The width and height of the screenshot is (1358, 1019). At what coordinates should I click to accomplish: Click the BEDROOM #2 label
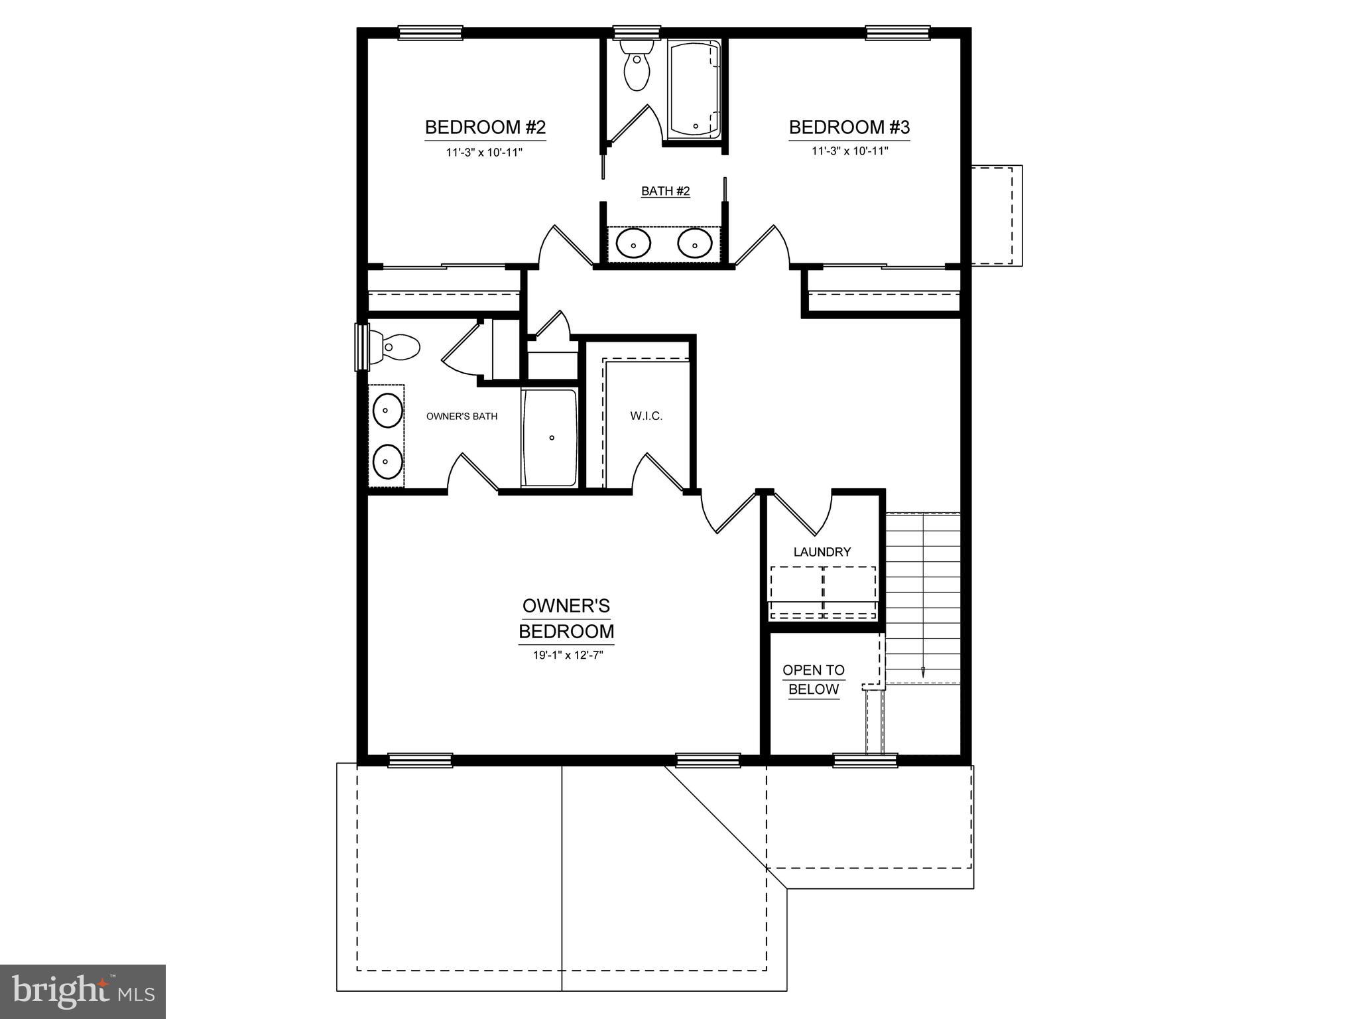pos(485,127)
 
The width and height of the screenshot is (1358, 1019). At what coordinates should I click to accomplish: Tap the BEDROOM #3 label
pos(849,127)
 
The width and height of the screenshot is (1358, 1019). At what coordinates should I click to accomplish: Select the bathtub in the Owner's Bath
pos(550,438)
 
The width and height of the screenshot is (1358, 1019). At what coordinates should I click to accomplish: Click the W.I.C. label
pos(646,416)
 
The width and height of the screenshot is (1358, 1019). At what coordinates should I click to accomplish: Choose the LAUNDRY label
pos(822,551)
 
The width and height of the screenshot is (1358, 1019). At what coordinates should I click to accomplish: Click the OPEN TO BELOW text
pos(814,679)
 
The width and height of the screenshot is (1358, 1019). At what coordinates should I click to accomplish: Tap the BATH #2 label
pos(665,191)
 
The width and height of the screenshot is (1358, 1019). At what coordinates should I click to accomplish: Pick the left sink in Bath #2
pos(633,243)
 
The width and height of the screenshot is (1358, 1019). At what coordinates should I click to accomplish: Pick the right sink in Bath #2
pos(694,243)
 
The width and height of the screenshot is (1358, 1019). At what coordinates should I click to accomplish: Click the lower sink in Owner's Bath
pos(387,461)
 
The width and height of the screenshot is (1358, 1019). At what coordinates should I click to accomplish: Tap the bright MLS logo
pos(83,992)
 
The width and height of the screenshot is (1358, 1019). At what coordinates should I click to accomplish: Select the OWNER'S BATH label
pos(462,417)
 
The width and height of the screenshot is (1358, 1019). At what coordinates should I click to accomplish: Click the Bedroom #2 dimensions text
pos(484,153)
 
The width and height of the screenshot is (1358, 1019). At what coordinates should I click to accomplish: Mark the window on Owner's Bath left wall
pos(362,347)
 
